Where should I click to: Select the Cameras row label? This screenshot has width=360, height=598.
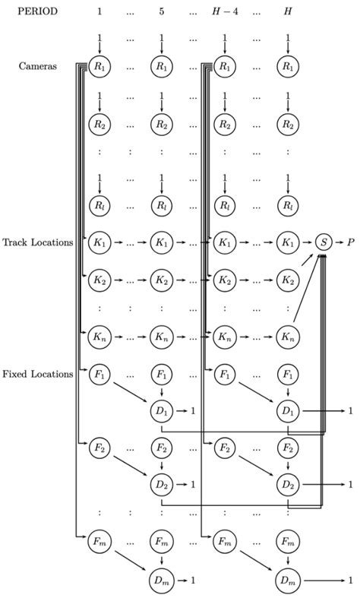[x=37, y=66]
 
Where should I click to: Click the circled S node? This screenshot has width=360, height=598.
[x=324, y=242]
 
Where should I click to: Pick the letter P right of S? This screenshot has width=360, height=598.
[x=350, y=242]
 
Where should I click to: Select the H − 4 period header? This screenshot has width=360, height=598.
[x=224, y=11]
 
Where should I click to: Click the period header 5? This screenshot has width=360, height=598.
[x=161, y=11]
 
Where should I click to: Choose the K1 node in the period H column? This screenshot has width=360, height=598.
[x=287, y=242]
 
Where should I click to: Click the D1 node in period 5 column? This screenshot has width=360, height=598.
[x=161, y=411]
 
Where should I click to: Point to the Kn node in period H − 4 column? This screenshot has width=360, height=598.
[x=224, y=336]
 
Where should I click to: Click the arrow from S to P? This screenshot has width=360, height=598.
[x=338, y=242]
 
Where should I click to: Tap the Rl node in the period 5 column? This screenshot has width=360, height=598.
[x=161, y=205]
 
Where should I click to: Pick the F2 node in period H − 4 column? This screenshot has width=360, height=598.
[x=224, y=446]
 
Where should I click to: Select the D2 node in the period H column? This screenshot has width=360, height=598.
[x=287, y=484]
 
